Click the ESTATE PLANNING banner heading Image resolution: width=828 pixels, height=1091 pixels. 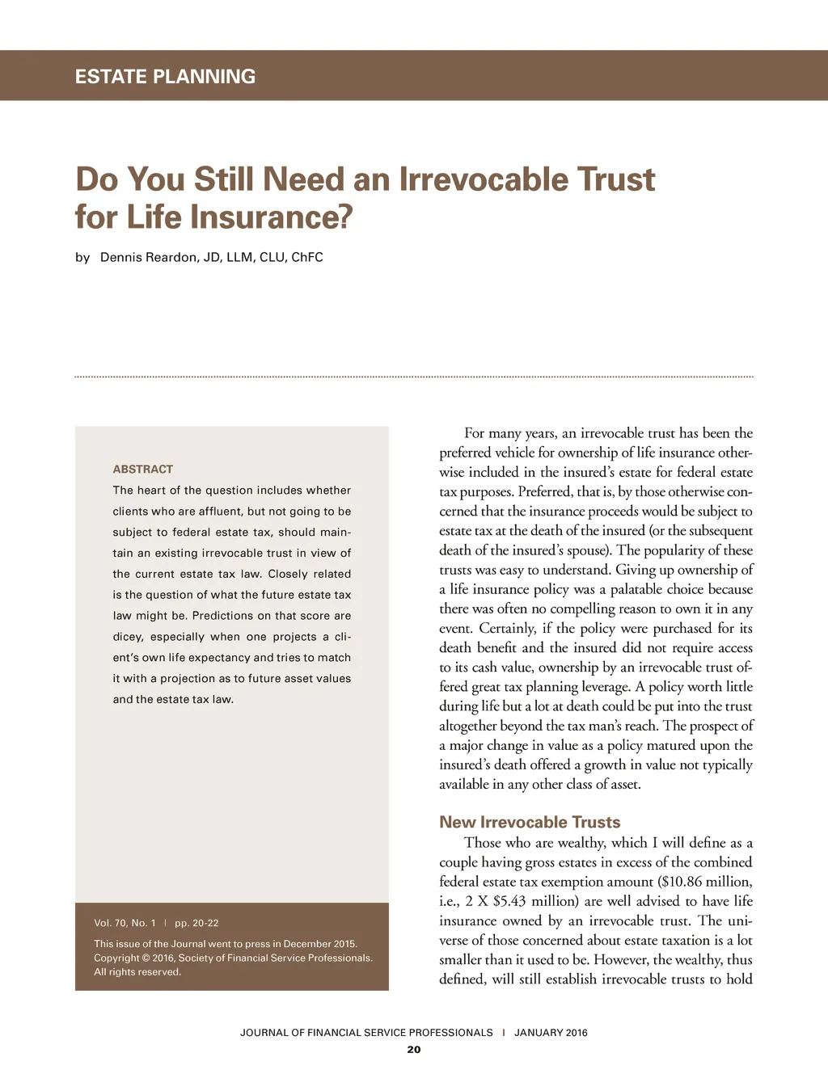coord(165,77)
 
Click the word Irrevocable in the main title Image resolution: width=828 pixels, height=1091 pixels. coord(483,179)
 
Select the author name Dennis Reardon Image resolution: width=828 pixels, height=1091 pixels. coord(148,257)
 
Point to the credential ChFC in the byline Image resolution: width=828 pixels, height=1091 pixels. coord(307,257)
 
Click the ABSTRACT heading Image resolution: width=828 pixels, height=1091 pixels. coord(143,469)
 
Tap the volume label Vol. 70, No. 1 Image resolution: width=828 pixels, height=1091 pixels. coord(125,923)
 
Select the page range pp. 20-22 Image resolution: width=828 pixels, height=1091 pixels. coord(196,923)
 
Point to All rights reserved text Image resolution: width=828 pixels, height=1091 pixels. coord(137,972)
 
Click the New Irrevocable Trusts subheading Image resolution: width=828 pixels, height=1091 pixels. coord(530,822)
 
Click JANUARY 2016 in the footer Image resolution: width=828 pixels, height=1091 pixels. coord(551,1033)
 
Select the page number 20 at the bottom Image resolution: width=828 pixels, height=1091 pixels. coord(414,1050)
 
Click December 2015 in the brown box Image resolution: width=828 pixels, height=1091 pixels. coord(320,944)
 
